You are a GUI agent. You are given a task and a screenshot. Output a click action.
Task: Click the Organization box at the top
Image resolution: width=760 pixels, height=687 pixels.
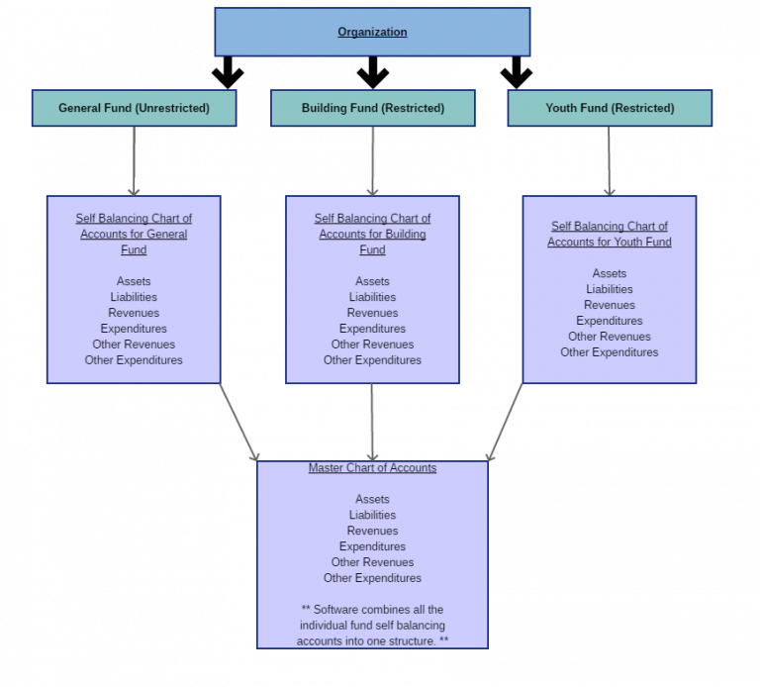(x=372, y=32)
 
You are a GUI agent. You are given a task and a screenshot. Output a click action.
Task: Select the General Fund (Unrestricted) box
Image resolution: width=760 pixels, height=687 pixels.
(x=134, y=108)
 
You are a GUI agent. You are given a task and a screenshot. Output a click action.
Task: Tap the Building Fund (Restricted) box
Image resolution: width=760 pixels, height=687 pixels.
(x=373, y=108)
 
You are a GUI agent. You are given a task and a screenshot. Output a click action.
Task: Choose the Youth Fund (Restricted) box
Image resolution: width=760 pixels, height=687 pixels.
(x=610, y=108)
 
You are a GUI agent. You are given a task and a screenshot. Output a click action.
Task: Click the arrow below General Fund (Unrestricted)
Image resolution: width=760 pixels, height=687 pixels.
(x=134, y=160)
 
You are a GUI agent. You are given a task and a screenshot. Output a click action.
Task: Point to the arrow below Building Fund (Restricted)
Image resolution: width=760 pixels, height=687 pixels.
(x=373, y=160)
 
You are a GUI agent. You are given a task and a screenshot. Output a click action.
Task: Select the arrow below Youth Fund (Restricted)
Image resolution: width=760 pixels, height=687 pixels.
(x=610, y=160)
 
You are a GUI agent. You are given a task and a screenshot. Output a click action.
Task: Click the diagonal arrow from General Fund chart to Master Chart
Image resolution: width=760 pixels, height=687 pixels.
(x=238, y=422)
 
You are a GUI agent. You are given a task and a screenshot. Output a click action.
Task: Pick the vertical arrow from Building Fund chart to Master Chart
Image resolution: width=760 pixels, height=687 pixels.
(x=372, y=422)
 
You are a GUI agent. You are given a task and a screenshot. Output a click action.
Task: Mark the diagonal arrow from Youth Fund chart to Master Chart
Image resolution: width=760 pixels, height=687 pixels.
(x=505, y=422)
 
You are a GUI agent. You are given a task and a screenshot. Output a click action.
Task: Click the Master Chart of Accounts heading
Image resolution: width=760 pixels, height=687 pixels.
(x=372, y=468)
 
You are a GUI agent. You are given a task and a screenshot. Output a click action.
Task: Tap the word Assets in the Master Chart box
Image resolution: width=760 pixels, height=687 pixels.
(x=372, y=499)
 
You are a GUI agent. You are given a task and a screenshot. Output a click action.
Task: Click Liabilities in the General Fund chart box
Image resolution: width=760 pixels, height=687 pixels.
(x=134, y=297)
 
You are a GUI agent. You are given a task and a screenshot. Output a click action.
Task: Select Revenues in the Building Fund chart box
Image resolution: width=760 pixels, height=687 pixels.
(x=373, y=313)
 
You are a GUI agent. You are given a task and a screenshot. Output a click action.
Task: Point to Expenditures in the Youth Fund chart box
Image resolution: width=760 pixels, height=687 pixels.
(x=610, y=321)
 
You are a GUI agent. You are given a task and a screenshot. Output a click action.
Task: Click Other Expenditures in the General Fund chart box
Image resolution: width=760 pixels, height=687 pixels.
(x=134, y=360)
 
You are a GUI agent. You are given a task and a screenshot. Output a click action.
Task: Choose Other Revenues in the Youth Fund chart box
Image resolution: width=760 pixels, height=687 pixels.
(x=610, y=337)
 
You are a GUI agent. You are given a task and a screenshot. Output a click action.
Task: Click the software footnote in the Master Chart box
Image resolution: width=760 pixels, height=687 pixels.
(x=373, y=625)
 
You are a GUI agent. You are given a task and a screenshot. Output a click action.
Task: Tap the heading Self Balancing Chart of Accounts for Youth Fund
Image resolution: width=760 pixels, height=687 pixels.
(x=610, y=234)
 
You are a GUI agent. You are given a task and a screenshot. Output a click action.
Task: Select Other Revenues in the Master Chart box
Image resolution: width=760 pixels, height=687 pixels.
(x=372, y=562)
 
